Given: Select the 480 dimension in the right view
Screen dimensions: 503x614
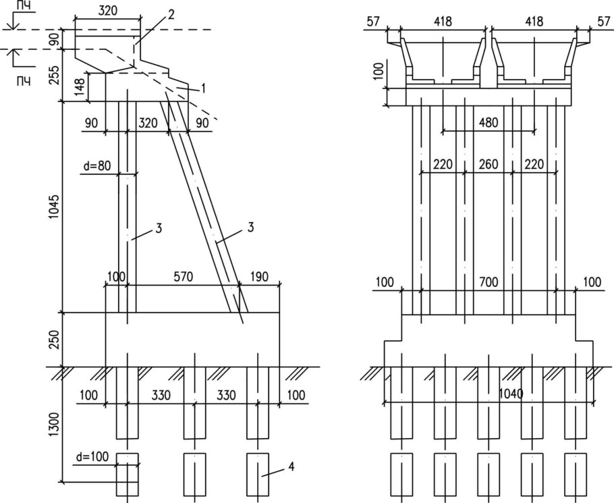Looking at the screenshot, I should click(x=489, y=123).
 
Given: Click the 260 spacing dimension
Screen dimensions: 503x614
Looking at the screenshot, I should click(x=489, y=164).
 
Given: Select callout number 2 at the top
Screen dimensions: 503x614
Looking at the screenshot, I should click(x=171, y=15).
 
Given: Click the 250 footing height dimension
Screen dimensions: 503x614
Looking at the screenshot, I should click(x=55, y=340).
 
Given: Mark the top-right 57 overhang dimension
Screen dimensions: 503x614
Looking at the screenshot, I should click(x=603, y=21).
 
